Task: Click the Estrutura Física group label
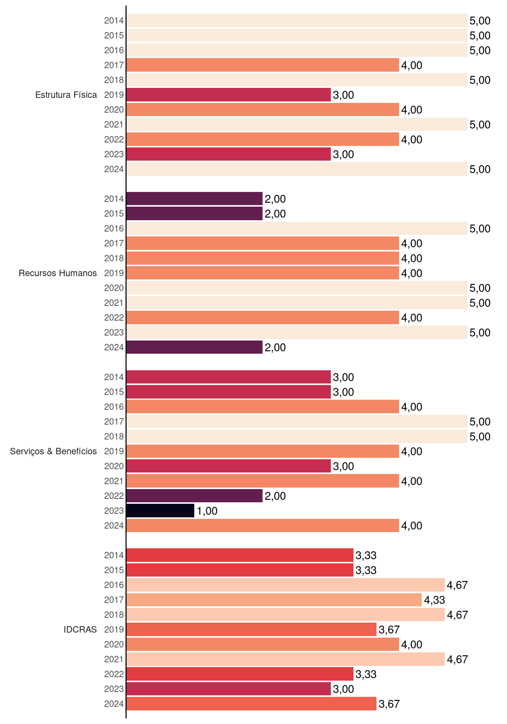pos(66,95)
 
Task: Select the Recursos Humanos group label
pos(58,273)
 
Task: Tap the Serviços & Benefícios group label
pos(53,451)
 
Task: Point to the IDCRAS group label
pos(80,629)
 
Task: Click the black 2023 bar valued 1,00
pos(160,511)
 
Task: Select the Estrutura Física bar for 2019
pos(229,95)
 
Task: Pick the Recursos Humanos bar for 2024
pos(194,347)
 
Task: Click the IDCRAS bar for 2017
pos(274,600)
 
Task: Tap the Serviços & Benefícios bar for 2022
pos(194,496)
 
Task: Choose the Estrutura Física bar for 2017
pos(263,65)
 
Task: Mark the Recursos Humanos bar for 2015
pos(194,213)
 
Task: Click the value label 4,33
pos(435,600)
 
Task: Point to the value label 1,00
pos(207,511)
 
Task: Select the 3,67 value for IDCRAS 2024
pos(389,704)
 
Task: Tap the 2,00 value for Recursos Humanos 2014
pos(275,199)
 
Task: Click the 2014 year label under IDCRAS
pos(114,555)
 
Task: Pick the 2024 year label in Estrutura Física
pos(114,169)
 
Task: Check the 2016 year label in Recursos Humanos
pos(114,229)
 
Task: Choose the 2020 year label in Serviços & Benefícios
pos(114,466)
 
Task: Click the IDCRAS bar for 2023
pos(229,689)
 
